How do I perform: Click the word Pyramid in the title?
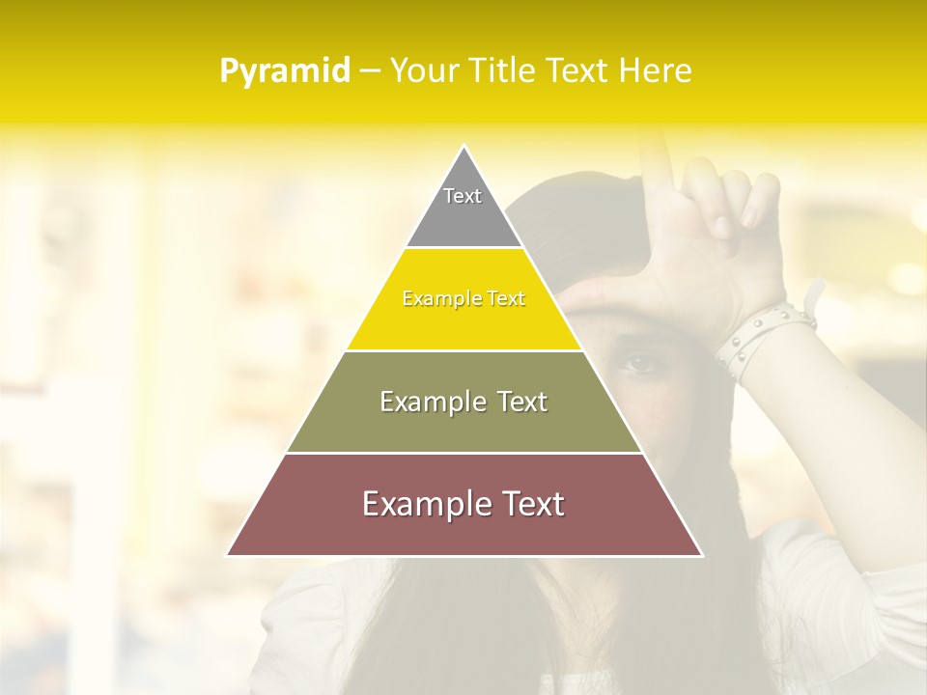tap(284, 71)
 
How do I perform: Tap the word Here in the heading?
tap(656, 71)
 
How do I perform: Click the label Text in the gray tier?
tap(463, 196)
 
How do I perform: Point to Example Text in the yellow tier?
tap(463, 299)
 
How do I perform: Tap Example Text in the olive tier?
tap(463, 402)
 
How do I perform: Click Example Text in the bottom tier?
tap(463, 504)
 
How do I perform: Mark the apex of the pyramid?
tap(463, 148)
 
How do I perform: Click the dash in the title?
tap(369, 71)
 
